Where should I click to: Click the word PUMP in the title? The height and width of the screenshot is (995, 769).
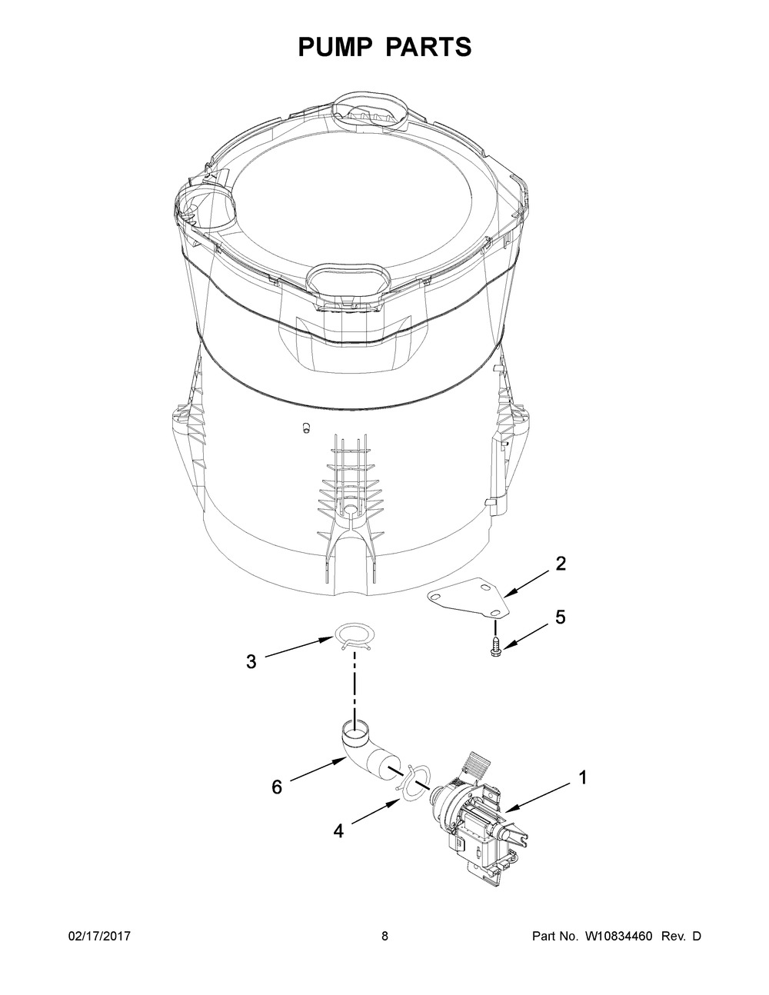(336, 47)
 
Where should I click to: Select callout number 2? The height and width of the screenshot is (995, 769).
(561, 563)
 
